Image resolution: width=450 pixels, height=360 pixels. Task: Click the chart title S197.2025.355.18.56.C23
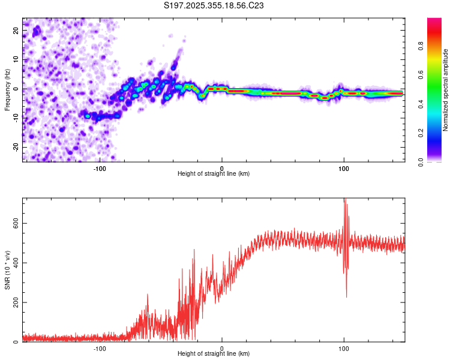(x=214, y=5)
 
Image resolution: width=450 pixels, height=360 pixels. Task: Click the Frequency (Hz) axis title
(x=7, y=89)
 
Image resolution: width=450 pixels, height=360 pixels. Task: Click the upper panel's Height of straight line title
(x=214, y=174)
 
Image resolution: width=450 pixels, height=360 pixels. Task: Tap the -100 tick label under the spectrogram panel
(x=100, y=167)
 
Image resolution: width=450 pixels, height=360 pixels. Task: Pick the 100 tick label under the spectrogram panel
(x=344, y=167)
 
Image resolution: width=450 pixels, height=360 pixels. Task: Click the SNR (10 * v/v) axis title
(x=7, y=270)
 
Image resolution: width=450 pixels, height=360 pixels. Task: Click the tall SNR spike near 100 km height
(x=344, y=204)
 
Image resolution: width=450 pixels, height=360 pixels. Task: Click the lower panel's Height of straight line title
(x=214, y=354)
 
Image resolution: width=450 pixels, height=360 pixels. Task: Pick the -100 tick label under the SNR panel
(x=100, y=348)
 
